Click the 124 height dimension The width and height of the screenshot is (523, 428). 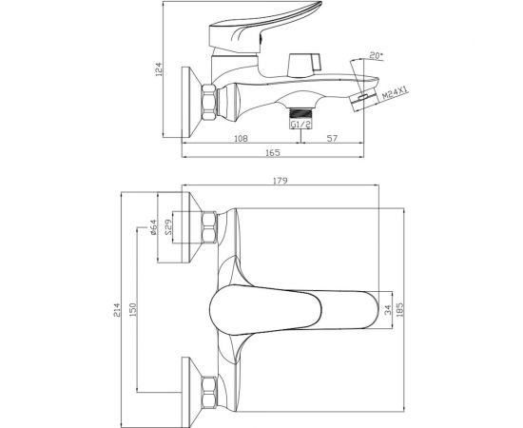point(159,69)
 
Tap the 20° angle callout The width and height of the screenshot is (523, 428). point(376,56)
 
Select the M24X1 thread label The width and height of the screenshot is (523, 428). point(395,91)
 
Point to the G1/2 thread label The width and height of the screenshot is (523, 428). point(300,125)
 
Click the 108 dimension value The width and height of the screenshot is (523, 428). point(242,138)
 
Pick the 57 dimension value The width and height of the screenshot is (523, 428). point(332,138)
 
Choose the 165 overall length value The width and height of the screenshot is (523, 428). point(273,153)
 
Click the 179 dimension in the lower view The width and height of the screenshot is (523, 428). point(281,181)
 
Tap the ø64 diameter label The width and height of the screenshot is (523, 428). point(153,227)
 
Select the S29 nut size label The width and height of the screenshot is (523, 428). point(168,227)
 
